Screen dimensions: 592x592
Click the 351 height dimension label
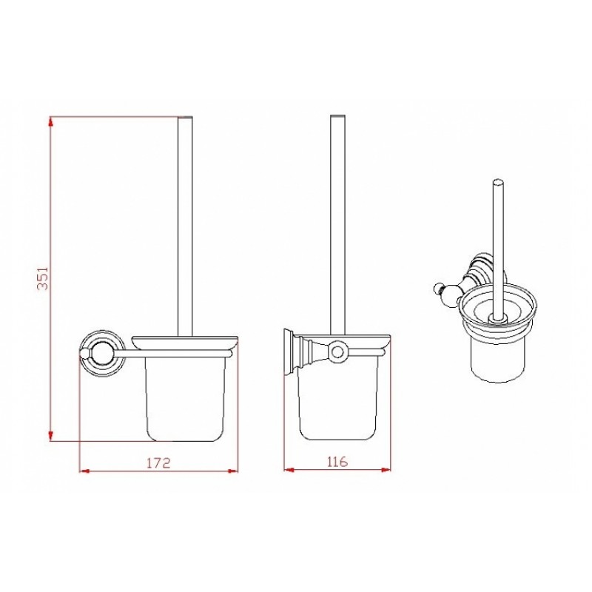(x=44, y=278)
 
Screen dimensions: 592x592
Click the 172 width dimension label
(x=158, y=463)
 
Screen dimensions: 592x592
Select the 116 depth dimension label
(x=337, y=461)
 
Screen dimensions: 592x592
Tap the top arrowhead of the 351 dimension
(x=50, y=122)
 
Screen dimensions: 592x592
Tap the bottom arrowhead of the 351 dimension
(x=50, y=435)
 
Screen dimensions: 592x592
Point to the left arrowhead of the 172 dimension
(x=85, y=471)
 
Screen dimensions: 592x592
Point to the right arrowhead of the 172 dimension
(x=232, y=471)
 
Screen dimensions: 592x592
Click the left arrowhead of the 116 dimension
(x=290, y=470)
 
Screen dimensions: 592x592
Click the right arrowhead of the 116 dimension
(x=385, y=470)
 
